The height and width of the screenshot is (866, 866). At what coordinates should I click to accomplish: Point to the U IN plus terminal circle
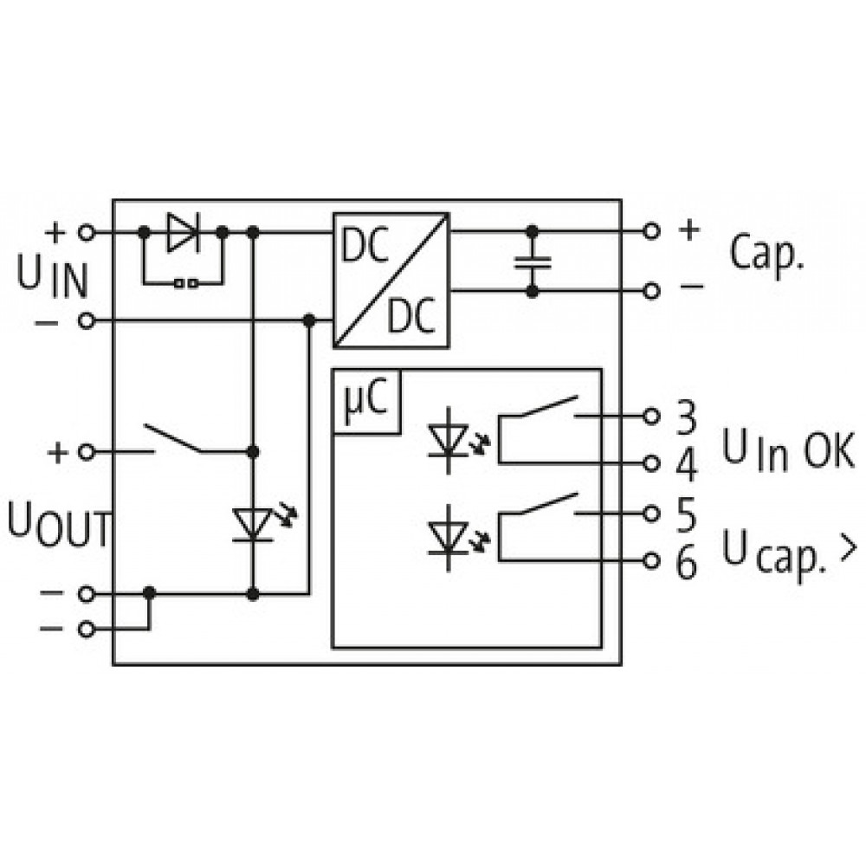coord(86,232)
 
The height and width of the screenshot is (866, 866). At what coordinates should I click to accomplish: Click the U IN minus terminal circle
coord(86,321)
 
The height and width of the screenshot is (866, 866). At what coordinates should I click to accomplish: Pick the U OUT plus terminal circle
coord(86,452)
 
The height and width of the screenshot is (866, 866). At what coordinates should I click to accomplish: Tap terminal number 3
coord(686,417)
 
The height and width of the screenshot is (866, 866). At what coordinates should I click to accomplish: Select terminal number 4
coord(687,465)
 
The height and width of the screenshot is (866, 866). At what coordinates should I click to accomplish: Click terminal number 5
coord(686,515)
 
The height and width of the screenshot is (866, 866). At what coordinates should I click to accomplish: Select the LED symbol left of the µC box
coord(260,523)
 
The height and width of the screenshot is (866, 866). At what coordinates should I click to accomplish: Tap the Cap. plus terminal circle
coord(652,231)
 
